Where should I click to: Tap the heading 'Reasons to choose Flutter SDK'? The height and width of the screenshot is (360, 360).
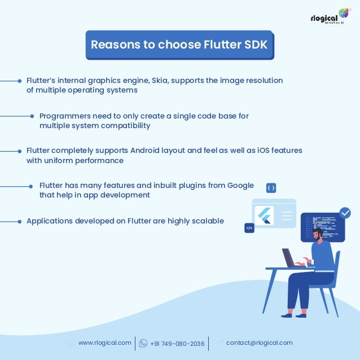[x=179, y=45]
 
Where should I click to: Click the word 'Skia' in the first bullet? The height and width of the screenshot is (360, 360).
[x=156, y=80]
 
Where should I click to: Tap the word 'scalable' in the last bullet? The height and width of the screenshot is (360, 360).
[x=208, y=221]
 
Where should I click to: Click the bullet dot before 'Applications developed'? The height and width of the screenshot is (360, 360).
[x=20, y=221]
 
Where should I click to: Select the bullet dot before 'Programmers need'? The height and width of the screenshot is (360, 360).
[x=33, y=116]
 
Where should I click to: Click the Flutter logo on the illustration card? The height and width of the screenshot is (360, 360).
[x=264, y=215]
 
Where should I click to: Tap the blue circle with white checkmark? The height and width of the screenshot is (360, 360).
[x=345, y=213]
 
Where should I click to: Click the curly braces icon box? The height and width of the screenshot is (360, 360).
[x=271, y=188]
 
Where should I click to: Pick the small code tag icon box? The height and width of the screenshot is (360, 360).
[x=249, y=228]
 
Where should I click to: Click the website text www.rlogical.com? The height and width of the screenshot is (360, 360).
[x=104, y=343]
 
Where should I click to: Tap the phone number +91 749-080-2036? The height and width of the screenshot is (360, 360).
[x=178, y=343]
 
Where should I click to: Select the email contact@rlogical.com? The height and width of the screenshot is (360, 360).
[x=259, y=343]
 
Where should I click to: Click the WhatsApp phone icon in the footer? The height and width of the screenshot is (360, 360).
[x=143, y=343]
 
